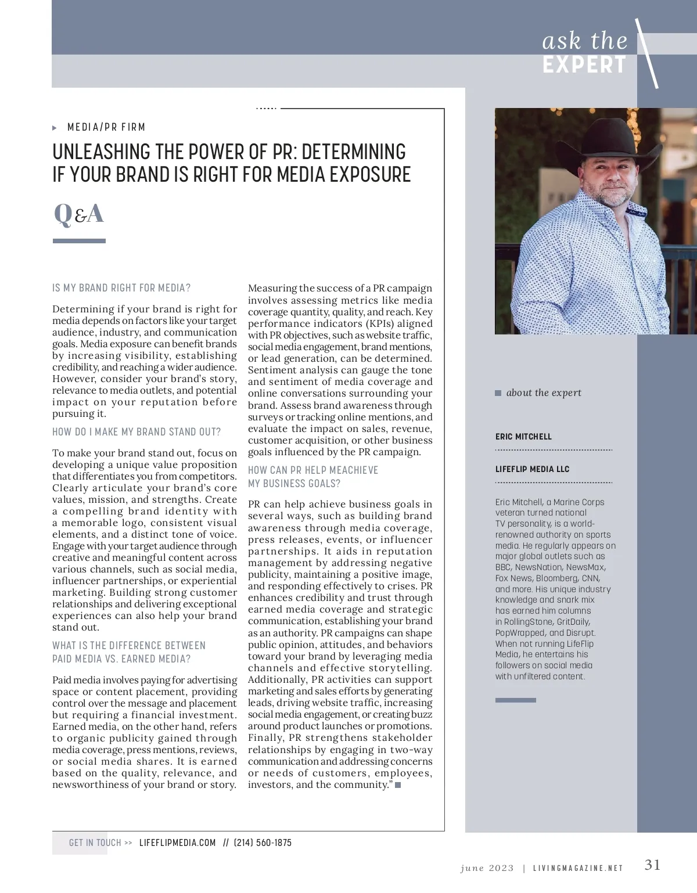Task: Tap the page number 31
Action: pyautogui.click(x=652, y=865)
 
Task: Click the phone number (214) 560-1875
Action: pyautogui.click(x=263, y=842)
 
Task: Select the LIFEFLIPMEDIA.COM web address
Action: pyautogui.click(x=177, y=842)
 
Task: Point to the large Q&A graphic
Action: pyautogui.click(x=78, y=214)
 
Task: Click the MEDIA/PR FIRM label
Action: pyautogui.click(x=106, y=127)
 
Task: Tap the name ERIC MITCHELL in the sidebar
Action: pyautogui.click(x=523, y=437)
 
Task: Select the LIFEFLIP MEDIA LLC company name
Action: pyautogui.click(x=532, y=469)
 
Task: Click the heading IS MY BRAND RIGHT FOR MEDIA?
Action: pyautogui.click(x=121, y=288)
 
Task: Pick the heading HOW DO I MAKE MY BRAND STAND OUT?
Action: pyautogui.click(x=136, y=432)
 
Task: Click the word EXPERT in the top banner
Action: pyautogui.click(x=584, y=65)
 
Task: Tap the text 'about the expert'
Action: pyautogui.click(x=544, y=393)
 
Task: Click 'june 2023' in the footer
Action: pyautogui.click(x=487, y=868)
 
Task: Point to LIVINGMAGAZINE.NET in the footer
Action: pyautogui.click(x=578, y=868)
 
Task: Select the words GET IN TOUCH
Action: pyautogui.click(x=95, y=842)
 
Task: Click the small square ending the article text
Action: pyautogui.click(x=398, y=785)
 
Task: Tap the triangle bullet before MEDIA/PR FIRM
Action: pyautogui.click(x=55, y=128)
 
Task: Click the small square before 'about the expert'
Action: pyautogui.click(x=498, y=393)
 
